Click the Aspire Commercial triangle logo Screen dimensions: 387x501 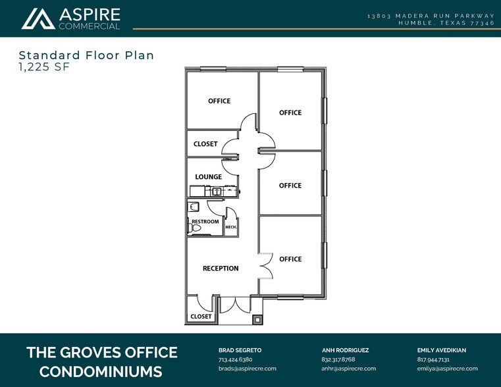point(38,18)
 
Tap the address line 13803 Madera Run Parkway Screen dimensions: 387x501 point(431,15)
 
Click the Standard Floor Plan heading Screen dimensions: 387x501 point(86,55)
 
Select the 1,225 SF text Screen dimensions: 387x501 point(43,66)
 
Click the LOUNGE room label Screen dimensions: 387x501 point(208,177)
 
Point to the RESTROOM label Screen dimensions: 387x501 point(205,222)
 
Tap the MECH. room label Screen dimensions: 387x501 point(231,227)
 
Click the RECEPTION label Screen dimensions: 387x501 point(221,269)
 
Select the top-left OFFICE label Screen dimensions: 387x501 point(219,101)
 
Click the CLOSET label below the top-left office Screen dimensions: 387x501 point(205,144)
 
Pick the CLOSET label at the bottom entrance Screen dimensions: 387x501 point(201,317)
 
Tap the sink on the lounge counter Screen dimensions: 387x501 point(216,191)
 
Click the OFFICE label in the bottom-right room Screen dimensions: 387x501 point(290,259)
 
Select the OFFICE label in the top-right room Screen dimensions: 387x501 point(290,113)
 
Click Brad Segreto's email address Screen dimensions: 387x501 point(247,369)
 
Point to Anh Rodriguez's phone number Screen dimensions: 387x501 point(338,360)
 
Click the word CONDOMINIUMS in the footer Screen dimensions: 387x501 point(101,372)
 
